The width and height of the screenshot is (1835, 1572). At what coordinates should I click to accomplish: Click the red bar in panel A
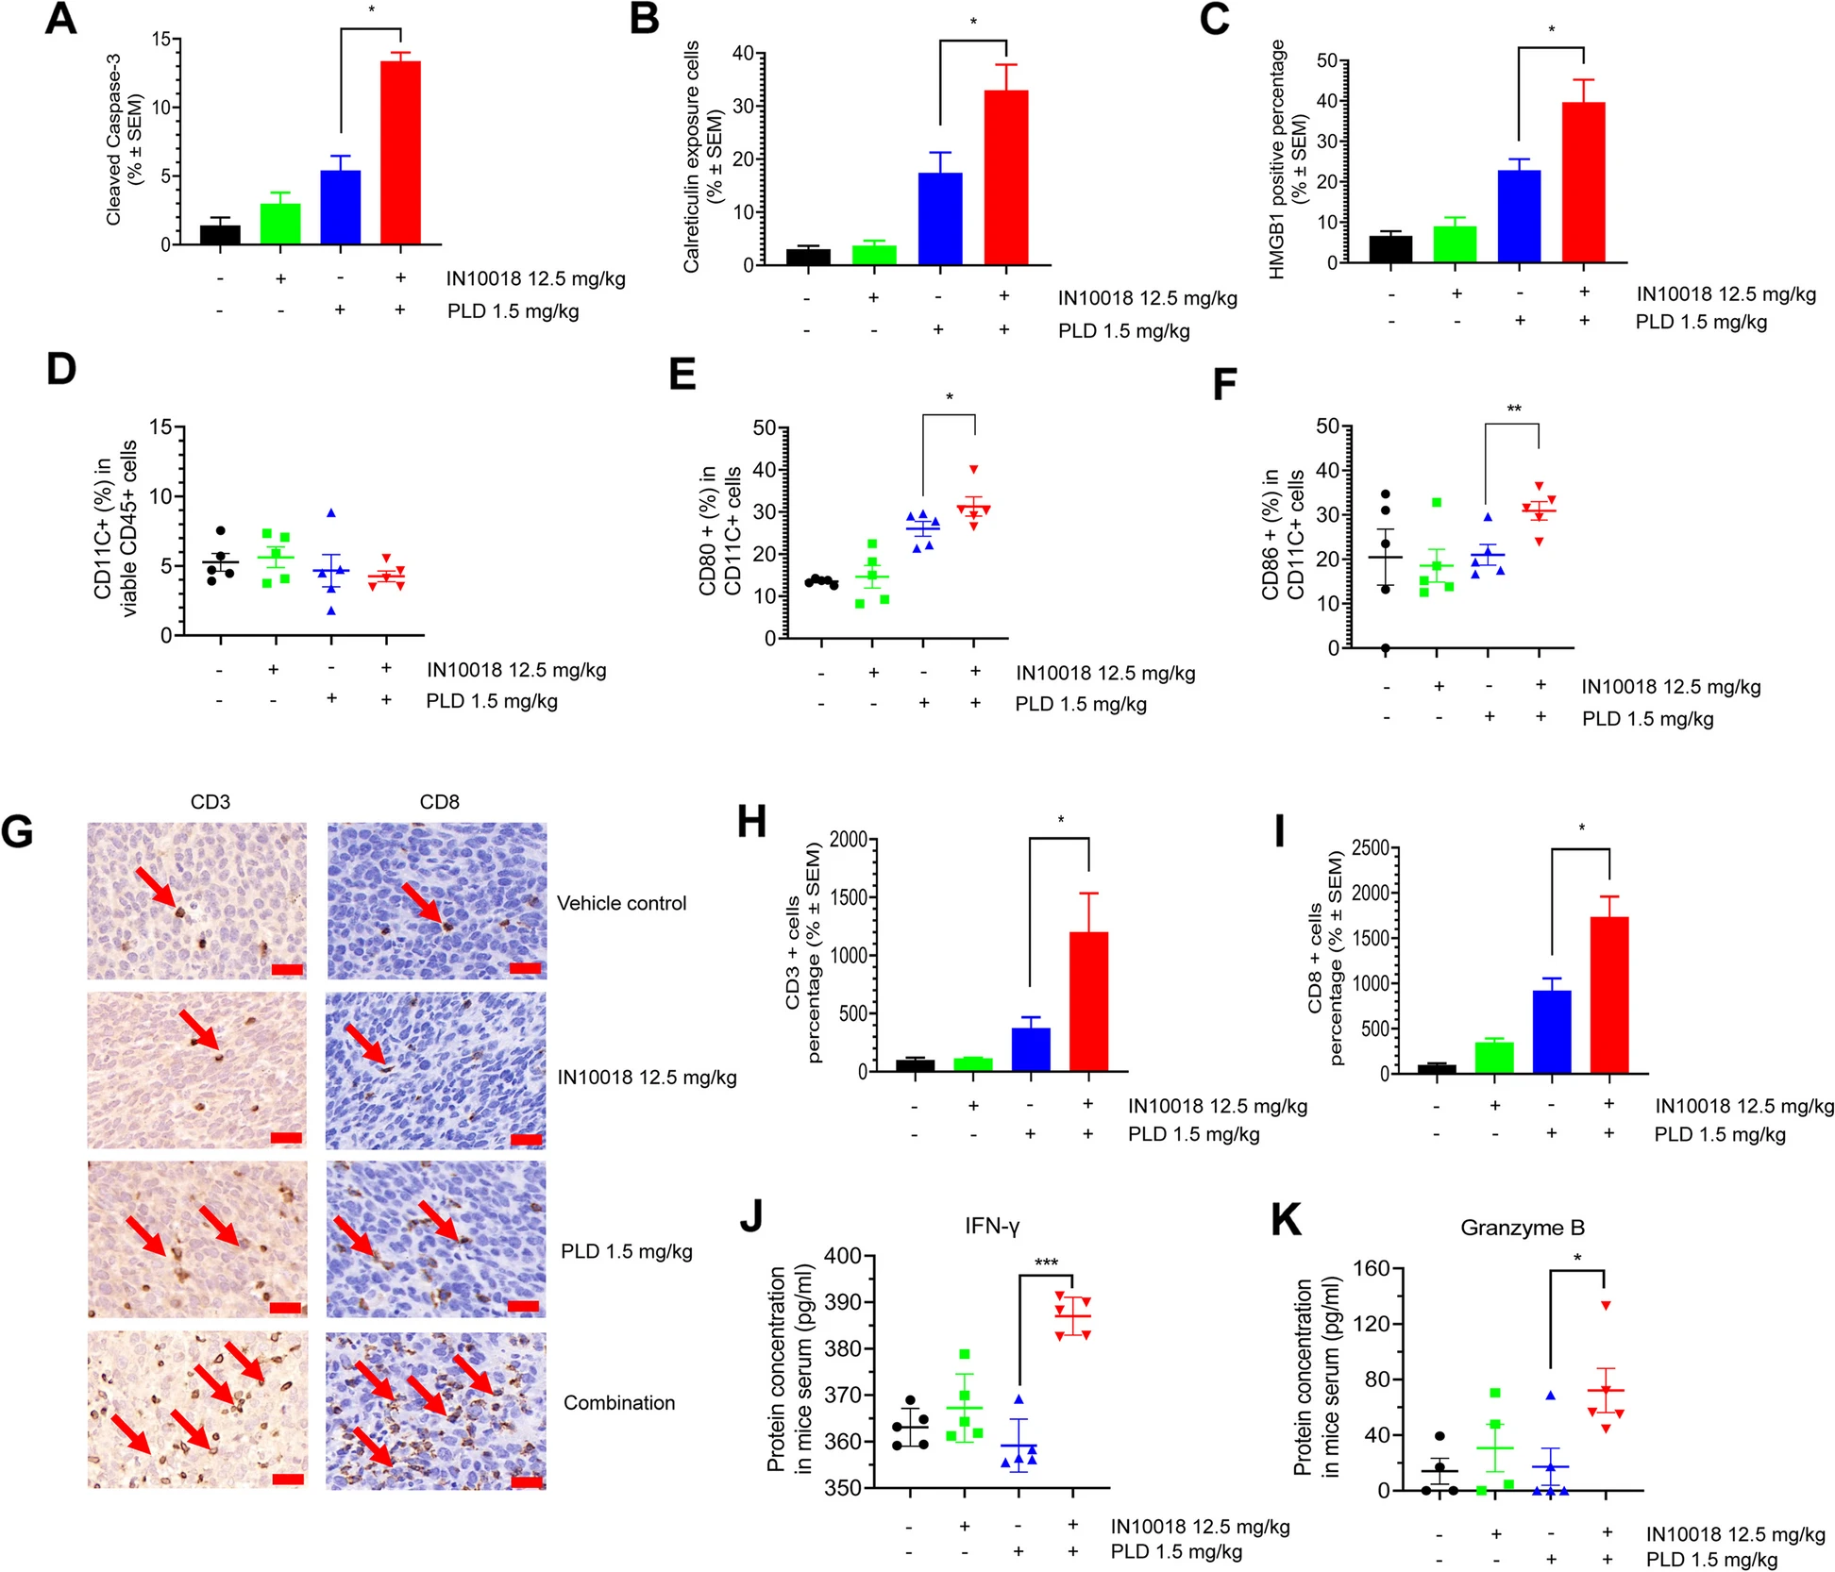400,152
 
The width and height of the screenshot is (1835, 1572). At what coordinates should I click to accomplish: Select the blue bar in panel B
940,218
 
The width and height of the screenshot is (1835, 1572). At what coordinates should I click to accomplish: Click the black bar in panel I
1437,1068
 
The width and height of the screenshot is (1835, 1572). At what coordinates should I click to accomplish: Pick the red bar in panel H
1088,1001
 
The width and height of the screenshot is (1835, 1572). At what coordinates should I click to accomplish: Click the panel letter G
18,832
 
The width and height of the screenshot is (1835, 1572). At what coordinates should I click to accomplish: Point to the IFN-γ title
991,1226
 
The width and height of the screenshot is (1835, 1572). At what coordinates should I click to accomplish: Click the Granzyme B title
1522,1228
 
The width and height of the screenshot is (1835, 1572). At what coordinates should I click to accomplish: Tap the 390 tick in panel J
843,1302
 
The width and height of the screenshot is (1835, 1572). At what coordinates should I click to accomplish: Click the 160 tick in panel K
1372,1269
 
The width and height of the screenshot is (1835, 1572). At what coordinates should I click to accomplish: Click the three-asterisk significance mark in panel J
1046,1263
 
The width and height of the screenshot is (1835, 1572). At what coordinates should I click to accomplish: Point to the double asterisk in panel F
1513,410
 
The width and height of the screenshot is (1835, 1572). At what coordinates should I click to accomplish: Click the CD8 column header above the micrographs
439,802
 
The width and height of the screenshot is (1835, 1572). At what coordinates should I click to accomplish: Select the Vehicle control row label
621,903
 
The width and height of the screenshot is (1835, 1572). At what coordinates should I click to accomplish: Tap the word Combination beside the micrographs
619,1403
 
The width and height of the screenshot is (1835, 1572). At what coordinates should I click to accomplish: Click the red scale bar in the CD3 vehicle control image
287,969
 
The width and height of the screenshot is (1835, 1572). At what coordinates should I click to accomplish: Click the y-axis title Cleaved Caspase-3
114,139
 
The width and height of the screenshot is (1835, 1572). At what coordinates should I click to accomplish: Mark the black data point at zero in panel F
1386,648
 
